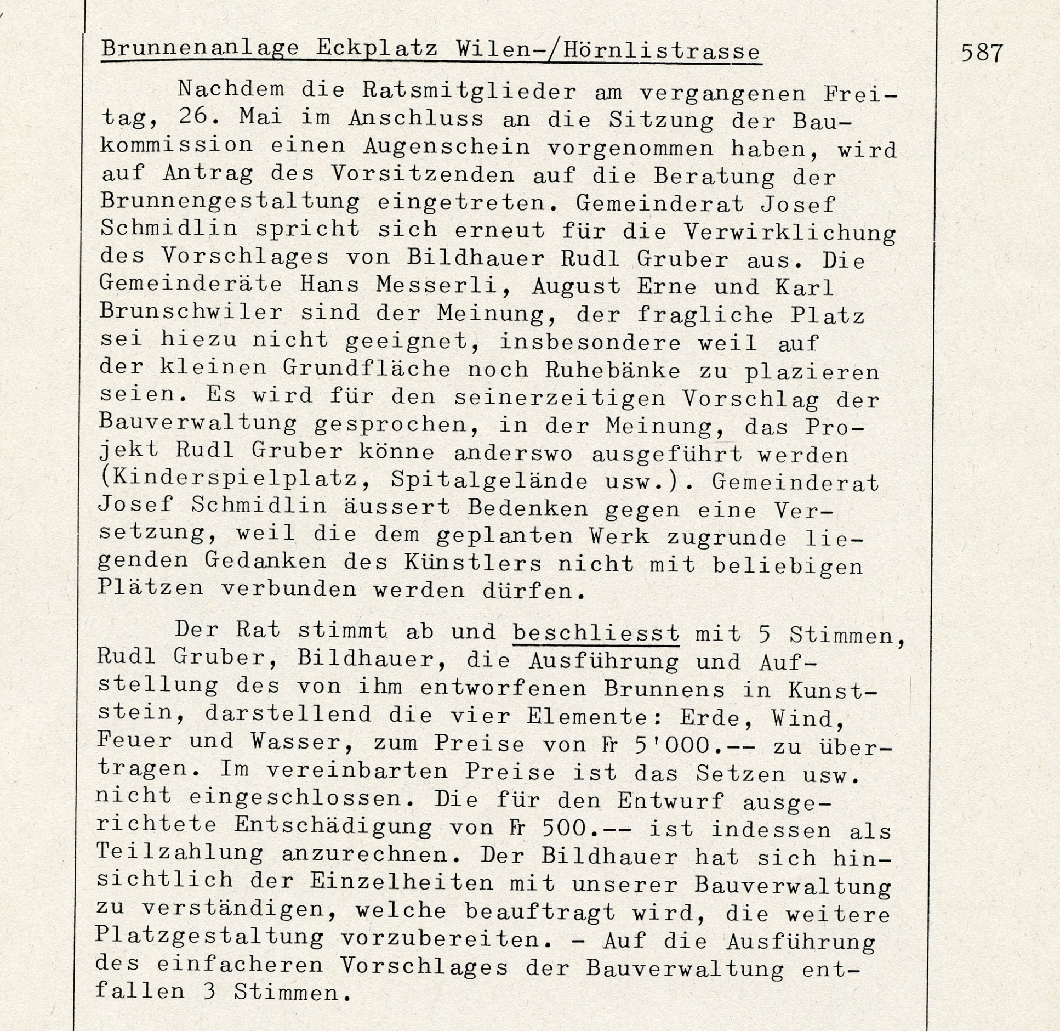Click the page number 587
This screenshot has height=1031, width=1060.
[x=982, y=53]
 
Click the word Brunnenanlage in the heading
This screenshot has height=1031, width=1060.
[x=201, y=49]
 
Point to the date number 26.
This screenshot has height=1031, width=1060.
[x=193, y=119]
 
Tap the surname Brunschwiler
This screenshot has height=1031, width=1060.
[x=191, y=313]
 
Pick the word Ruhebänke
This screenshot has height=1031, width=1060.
[x=612, y=370]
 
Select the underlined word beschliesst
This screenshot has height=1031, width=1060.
[x=596, y=633]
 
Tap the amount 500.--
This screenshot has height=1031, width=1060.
[x=587, y=828]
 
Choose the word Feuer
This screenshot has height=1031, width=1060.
[x=134, y=741]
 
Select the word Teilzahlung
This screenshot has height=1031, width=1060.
[x=179, y=853]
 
